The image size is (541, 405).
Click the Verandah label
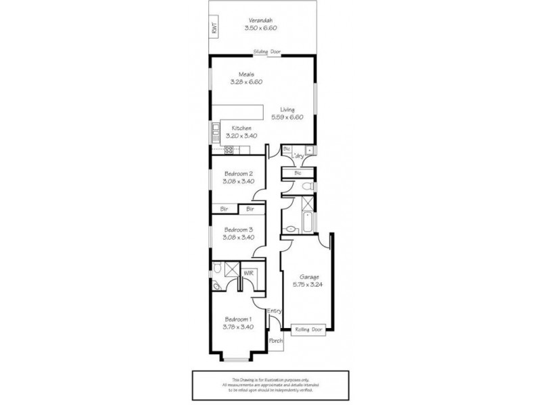262,20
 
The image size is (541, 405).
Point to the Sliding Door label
266,52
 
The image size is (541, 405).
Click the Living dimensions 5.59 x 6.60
288,117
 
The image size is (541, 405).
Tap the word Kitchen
241,128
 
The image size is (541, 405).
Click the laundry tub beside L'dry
309,149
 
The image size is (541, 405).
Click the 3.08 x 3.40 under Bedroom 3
239,237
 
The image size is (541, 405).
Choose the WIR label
248,273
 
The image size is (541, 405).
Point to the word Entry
274,311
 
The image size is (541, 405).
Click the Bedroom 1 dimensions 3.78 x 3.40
238,327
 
